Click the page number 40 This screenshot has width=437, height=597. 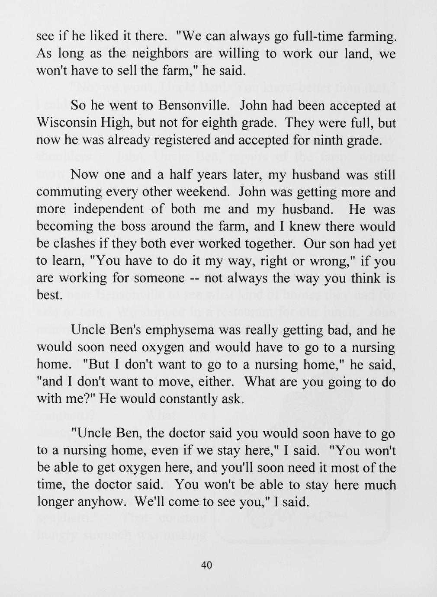click(207, 565)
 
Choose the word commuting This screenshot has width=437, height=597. click(67, 192)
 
